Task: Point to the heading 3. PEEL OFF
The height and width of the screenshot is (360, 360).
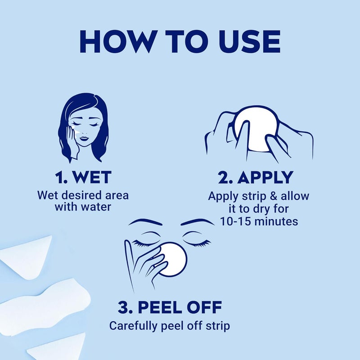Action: coord(170,308)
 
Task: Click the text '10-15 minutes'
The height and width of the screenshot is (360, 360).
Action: coord(259,221)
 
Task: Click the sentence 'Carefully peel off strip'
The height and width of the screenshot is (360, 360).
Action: coord(170,326)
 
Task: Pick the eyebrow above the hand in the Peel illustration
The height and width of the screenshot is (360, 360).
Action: coord(144,223)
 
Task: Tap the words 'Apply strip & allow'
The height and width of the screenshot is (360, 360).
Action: coord(259,197)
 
